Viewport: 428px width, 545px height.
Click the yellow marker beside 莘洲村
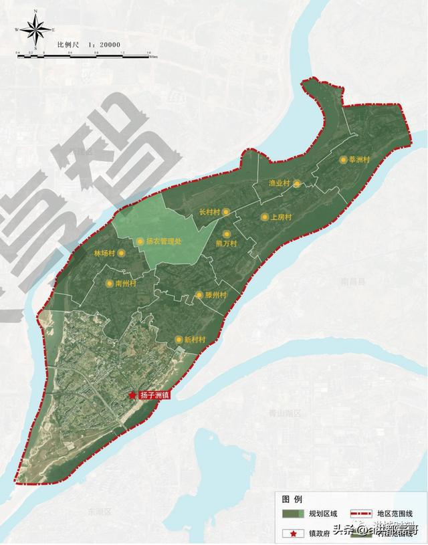[x=343, y=160]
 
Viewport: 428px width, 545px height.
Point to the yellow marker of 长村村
[x=226, y=212]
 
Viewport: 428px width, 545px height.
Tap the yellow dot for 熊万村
[x=227, y=234]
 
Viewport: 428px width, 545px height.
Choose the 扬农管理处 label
[x=163, y=241]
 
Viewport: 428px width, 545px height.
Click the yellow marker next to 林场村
[x=121, y=254]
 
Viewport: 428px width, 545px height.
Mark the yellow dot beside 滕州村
[x=199, y=295]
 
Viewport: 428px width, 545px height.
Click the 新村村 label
[x=194, y=340]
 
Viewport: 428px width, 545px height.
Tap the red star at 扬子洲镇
[x=133, y=395]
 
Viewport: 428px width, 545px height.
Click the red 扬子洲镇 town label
[x=154, y=396]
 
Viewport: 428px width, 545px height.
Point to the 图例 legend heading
[x=292, y=500]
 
